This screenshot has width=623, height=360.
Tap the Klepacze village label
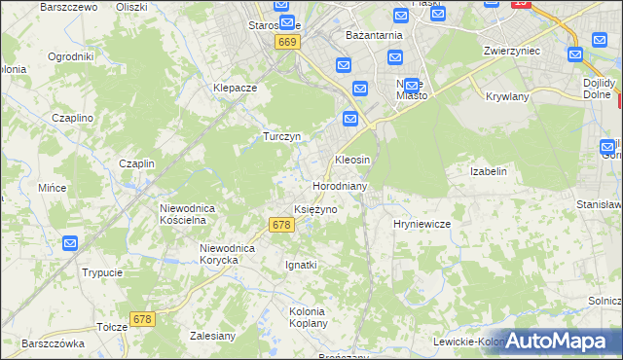[235, 87]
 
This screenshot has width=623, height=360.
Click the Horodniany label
[339, 185]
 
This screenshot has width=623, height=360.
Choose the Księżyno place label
[315, 210]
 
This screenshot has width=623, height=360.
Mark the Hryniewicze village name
[421, 224]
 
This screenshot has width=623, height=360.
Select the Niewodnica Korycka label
[227, 254]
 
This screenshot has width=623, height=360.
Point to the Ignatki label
[301, 265]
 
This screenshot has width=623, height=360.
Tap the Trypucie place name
[102, 272]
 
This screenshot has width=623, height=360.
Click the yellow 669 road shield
[286, 43]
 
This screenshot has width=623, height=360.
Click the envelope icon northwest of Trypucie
[70, 243]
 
